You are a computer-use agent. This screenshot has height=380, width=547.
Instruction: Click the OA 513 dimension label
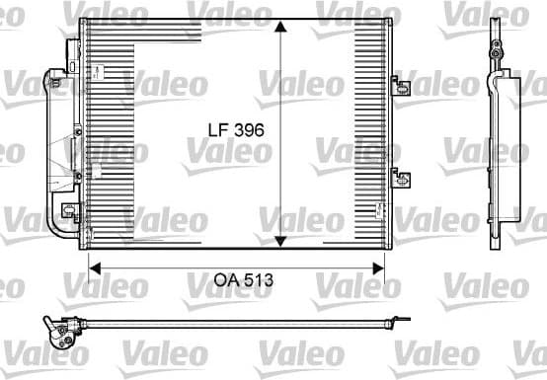241,279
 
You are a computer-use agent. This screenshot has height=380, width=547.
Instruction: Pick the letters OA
224,279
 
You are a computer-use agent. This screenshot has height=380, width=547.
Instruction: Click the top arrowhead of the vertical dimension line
281,28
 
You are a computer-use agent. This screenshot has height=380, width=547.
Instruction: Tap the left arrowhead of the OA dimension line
96,265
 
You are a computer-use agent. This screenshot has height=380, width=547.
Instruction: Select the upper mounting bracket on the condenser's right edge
401,85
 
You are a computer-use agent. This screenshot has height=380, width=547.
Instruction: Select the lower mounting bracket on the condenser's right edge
401,179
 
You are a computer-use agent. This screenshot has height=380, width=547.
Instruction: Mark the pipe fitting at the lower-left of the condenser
70,212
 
